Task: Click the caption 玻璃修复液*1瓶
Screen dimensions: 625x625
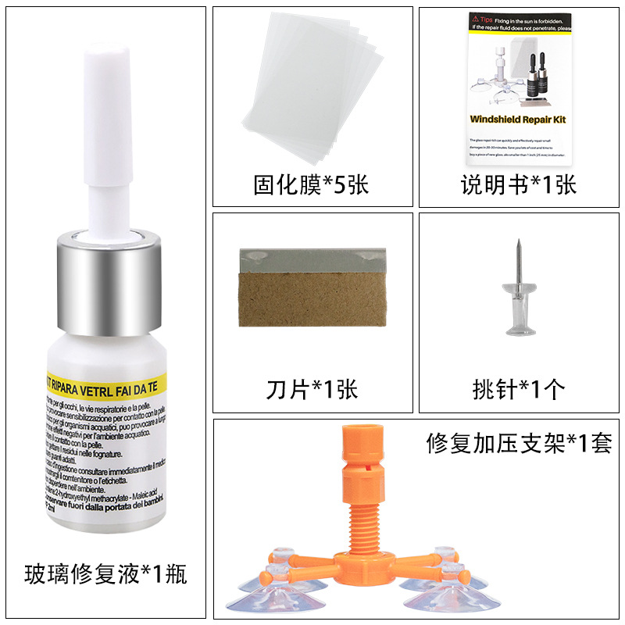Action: click(105, 577)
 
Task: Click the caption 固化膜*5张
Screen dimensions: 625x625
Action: click(311, 186)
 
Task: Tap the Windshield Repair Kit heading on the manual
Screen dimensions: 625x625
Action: click(517, 120)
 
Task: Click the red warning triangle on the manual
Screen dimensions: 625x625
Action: click(474, 16)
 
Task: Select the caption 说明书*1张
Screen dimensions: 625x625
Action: click(518, 186)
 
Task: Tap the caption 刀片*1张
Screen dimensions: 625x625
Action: click(312, 388)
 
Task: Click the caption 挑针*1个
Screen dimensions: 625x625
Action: click(518, 388)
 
